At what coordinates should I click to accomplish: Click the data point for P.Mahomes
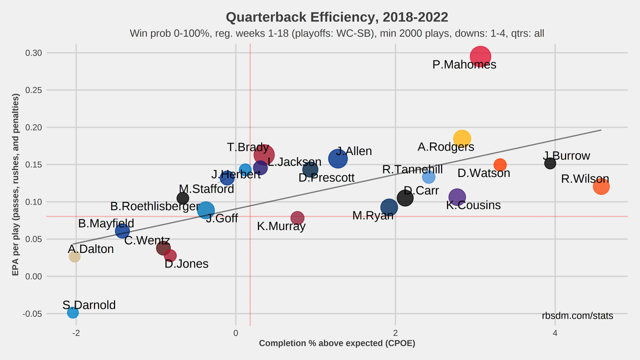480,57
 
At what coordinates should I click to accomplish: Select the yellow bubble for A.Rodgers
462,139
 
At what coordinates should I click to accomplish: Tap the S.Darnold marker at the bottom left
73,312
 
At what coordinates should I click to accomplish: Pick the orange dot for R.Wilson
601,186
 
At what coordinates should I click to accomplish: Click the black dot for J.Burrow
550,163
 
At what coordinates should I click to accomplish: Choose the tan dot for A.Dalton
74,256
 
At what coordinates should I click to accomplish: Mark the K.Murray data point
297,217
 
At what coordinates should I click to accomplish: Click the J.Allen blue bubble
338,159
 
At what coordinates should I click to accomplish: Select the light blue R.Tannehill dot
428,177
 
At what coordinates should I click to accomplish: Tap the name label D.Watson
483,173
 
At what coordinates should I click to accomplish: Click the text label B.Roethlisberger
155,206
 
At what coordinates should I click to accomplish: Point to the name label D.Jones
186,264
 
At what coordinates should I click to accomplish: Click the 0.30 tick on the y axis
34,53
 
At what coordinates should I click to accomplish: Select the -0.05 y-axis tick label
33,314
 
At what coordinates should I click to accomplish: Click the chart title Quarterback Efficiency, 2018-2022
337,17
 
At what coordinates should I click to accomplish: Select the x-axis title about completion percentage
337,343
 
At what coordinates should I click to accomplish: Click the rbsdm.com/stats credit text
577,316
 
